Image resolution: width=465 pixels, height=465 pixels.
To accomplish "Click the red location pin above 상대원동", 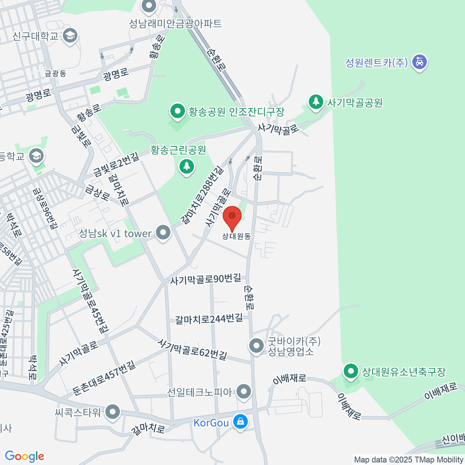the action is [x=232, y=217].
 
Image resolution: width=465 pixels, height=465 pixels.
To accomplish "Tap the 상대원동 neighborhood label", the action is [x=236, y=236].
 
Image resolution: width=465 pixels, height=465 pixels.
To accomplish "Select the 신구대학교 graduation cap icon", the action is [x=70, y=36].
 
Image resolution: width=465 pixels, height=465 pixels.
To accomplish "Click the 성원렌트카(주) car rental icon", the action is [x=419, y=62].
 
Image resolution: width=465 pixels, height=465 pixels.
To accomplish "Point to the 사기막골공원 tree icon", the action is [x=316, y=102].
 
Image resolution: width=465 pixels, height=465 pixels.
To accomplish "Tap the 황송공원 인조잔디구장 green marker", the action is [x=178, y=112].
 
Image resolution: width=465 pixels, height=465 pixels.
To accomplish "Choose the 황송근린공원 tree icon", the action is [x=187, y=167].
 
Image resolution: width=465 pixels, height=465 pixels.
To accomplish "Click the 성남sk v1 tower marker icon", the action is [x=163, y=233].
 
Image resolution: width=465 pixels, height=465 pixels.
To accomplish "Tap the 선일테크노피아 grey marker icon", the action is [x=244, y=391].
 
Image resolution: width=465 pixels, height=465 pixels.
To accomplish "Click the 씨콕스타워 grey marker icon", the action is [x=113, y=412].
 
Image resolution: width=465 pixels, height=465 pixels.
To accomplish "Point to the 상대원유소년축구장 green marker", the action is [x=351, y=371].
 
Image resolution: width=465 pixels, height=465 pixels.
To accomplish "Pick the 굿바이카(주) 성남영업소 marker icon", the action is [x=256, y=345].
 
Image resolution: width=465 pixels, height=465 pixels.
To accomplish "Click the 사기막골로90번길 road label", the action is [x=205, y=279].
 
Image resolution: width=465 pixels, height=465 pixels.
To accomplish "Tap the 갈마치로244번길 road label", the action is [x=209, y=319].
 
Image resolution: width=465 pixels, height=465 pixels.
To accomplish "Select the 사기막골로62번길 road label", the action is [x=193, y=349].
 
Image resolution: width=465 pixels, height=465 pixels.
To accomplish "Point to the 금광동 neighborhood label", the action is [x=55, y=74].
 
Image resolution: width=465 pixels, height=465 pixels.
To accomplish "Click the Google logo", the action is [x=24, y=456].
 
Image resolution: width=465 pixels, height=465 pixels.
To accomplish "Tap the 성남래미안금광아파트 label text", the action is [x=175, y=24].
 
